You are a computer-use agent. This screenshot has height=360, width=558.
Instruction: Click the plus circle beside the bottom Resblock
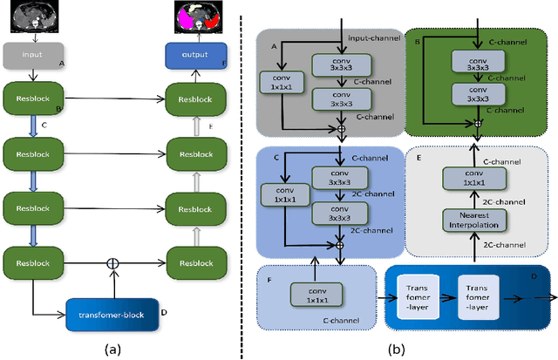[x=112, y=261]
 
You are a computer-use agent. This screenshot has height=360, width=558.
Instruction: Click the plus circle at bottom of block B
[x=478, y=123]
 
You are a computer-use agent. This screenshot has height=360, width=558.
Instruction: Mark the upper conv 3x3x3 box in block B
[x=478, y=59]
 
